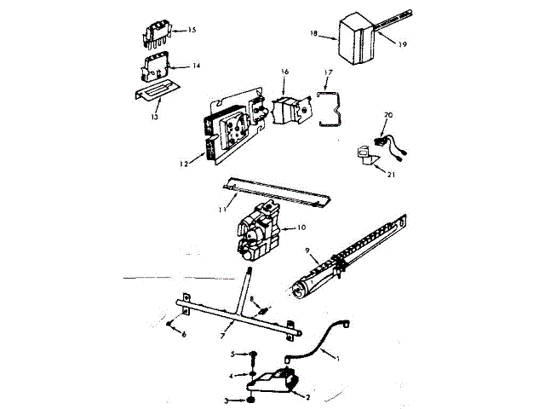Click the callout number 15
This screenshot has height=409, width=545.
tap(192, 30)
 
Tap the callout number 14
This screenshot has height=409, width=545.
tap(196, 66)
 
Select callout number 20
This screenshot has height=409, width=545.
tap(388, 114)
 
